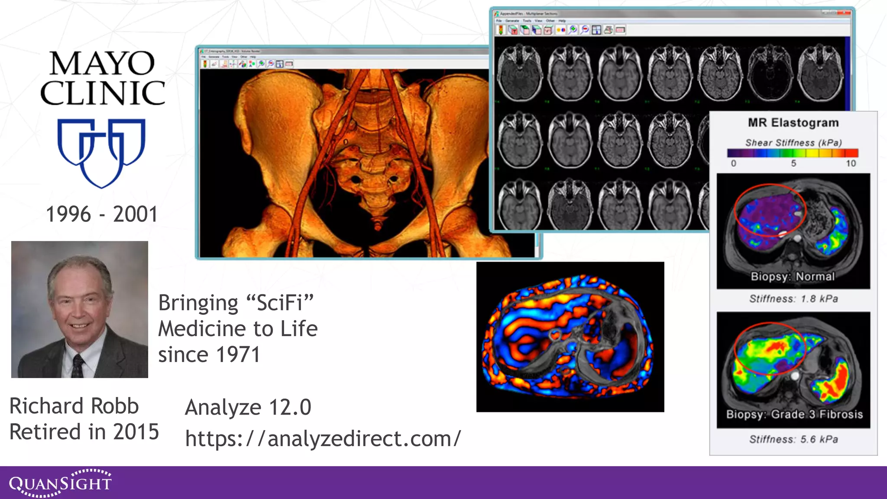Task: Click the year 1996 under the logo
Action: click(68, 214)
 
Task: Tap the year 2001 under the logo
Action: click(136, 214)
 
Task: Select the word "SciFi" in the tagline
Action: click(279, 302)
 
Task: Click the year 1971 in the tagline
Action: click(238, 355)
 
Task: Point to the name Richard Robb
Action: click(74, 406)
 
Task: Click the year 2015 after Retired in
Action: click(136, 432)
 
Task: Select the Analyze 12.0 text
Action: click(248, 407)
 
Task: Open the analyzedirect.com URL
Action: click(323, 438)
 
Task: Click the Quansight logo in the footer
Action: click(60, 483)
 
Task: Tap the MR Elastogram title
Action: click(793, 123)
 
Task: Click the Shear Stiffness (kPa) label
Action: click(793, 143)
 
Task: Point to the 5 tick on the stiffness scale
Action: click(793, 163)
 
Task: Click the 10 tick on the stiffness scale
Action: click(851, 163)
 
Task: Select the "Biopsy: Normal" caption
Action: click(793, 276)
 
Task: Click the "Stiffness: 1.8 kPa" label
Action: click(793, 298)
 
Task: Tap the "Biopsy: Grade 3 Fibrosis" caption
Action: click(794, 414)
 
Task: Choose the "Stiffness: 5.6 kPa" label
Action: click(793, 439)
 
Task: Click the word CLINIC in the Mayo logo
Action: click(103, 93)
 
